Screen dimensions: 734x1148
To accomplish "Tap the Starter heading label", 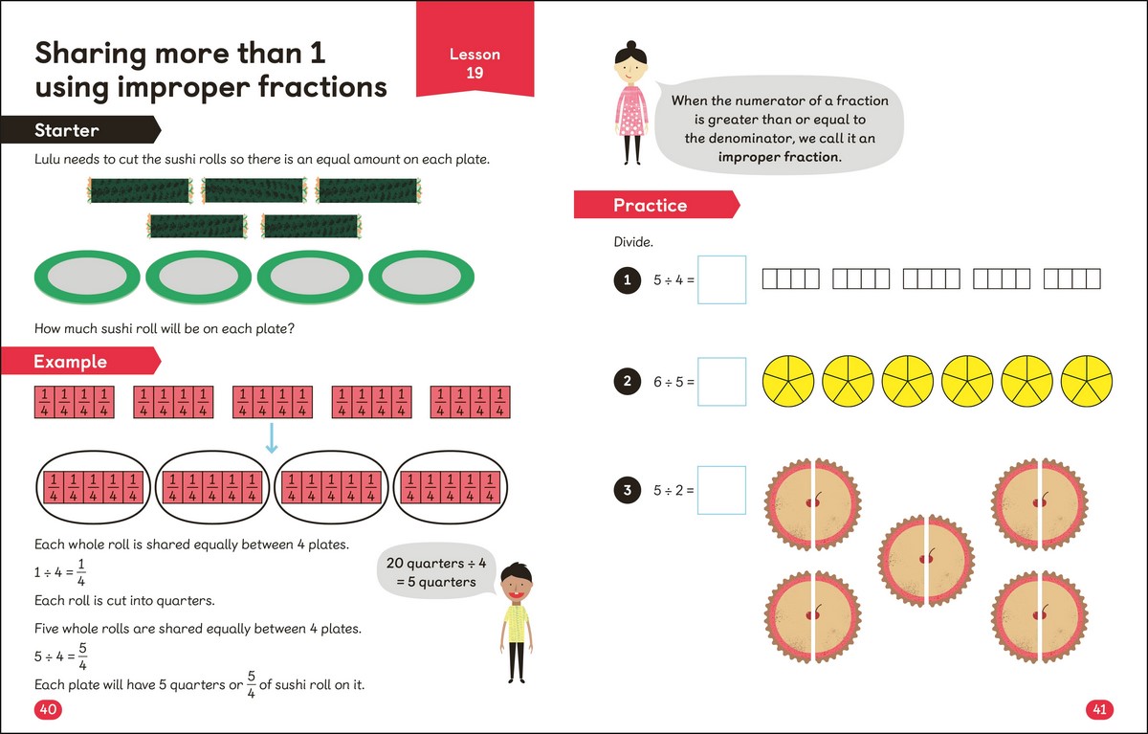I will coord(68,130).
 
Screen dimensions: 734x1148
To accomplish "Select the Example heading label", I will coord(71,362).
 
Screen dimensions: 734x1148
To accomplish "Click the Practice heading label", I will coord(651,205).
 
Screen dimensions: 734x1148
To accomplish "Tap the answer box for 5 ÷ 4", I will coord(721,279).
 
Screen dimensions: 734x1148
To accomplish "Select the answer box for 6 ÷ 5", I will coord(721,382).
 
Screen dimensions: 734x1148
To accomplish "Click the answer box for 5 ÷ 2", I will coord(721,490).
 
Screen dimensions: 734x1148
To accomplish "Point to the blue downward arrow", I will coord(271,438).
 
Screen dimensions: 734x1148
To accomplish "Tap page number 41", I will coord(1098,709).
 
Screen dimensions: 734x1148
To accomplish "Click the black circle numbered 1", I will coord(627,279).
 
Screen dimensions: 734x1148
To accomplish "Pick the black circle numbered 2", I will coord(627,382).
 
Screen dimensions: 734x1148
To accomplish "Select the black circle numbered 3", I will coord(627,490).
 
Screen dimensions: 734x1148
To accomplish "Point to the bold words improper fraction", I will coord(781,157).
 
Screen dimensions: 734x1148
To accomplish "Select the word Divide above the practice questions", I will coord(633,242).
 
